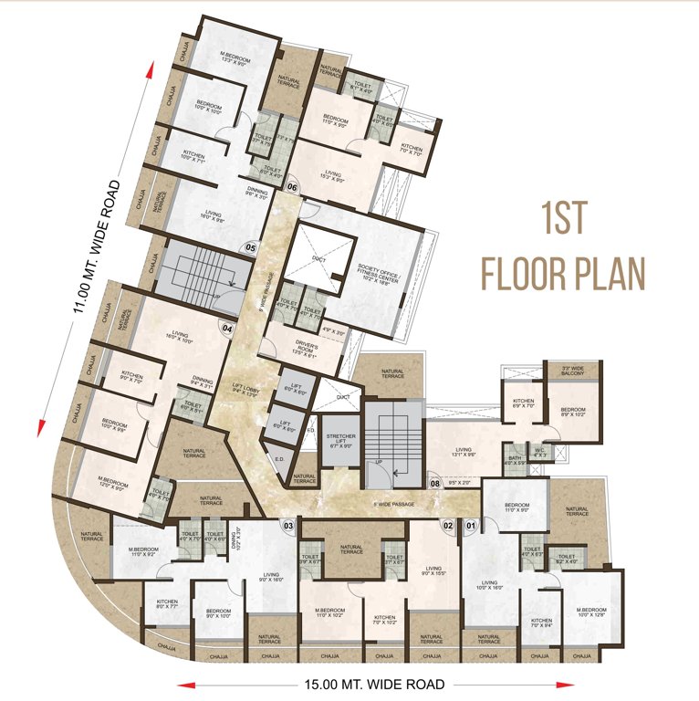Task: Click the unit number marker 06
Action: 293,188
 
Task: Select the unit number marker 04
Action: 227,330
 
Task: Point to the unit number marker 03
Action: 288,525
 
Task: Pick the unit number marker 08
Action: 435,485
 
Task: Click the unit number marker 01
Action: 472,525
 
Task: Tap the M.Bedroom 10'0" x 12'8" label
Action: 591,612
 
